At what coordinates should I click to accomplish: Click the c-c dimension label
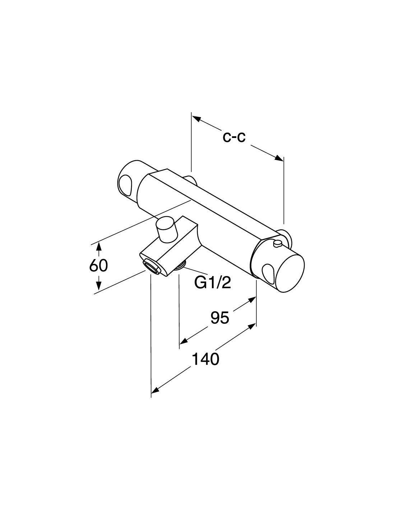(x=234, y=137)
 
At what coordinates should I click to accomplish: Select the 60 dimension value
(x=98, y=266)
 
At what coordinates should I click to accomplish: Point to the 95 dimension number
(x=220, y=318)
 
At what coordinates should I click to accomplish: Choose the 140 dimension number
(x=205, y=359)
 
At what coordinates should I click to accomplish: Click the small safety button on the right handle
(x=277, y=244)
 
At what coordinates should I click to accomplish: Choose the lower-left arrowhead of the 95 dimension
(x=183, y=341)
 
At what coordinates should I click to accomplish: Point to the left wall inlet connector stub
(x=191, y=180)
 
